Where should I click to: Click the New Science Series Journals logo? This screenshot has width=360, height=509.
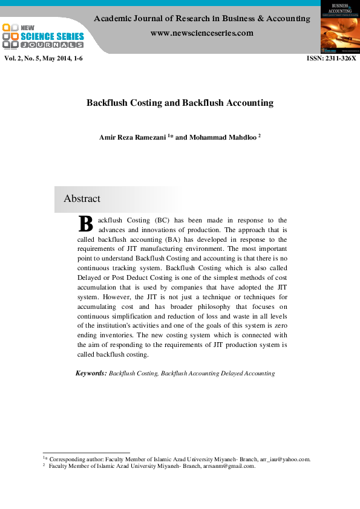(43, 36)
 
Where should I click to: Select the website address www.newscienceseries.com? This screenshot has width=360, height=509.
(201, 33)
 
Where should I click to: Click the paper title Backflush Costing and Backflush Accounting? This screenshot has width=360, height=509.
(180, 103)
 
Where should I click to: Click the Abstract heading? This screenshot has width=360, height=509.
(82, 199)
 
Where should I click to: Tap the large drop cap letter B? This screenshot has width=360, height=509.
(86, 224)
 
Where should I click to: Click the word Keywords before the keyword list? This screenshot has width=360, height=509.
(91, 374)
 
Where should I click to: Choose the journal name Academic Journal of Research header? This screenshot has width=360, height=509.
(201, 19)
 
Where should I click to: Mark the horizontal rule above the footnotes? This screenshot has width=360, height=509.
(87, 453)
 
